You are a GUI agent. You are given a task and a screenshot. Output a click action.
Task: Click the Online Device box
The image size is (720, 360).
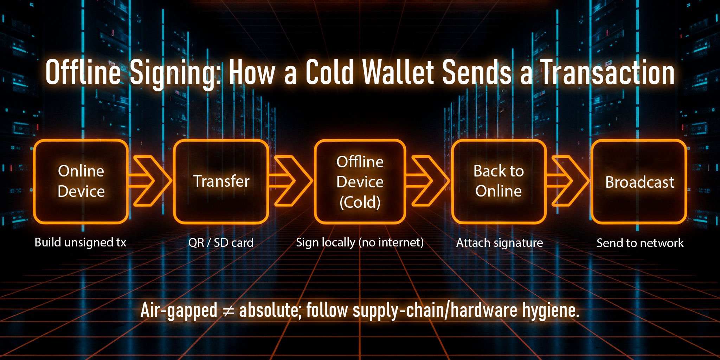(x=81, y=181)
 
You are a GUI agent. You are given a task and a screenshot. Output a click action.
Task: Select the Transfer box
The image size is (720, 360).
(x=221, y=181)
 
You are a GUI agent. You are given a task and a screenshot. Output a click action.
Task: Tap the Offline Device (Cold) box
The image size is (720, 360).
(x=360, y=181)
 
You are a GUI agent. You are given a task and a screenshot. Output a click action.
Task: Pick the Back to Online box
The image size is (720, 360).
(x=499, y=181)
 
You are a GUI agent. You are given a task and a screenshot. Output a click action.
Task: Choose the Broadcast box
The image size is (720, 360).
(x=639, y=181)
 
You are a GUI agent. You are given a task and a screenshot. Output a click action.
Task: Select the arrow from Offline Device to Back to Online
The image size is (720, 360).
(x=428, y=181)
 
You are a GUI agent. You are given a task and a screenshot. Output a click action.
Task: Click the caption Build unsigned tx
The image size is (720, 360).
(x=80, y=243)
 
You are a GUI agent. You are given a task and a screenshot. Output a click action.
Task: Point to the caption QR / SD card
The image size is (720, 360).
(x=221, y=243)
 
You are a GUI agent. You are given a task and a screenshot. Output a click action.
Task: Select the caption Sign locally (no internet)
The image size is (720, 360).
(x=360, y=243)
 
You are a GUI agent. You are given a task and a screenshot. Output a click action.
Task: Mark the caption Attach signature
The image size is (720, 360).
(x=500, y=243)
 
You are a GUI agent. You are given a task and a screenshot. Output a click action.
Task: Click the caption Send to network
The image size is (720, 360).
(x=640, y=243)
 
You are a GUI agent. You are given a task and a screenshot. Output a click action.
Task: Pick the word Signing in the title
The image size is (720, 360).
(x=175, y=73)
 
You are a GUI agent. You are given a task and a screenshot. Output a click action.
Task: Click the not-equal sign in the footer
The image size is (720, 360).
(x=228, y=311)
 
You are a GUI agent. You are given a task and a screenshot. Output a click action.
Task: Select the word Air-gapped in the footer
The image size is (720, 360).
(x=179, y=311)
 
